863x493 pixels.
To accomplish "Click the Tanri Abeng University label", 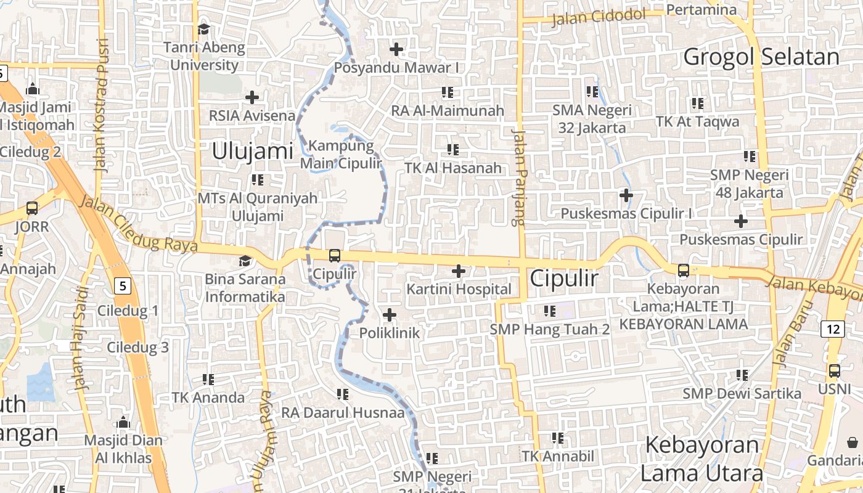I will [x=204, y=56].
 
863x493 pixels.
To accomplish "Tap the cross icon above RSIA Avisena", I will [x=252, y=97].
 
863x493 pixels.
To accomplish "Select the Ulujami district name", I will [x=252, y=151].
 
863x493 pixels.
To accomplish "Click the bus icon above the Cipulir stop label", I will [x=334, y=255].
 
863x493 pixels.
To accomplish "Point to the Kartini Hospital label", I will [x=459, y=289].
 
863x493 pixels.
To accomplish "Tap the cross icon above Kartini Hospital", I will [x=459, y=271].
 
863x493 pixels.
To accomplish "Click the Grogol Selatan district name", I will [x=761, y=57].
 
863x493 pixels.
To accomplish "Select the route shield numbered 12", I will [x=833, y=329].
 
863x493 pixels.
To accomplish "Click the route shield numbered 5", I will [x=123, y=286].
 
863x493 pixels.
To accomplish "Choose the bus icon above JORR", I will [x=32, y=208].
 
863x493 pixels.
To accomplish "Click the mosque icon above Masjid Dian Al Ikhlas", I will [x=123, y=423].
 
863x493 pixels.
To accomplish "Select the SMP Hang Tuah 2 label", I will [x=550, y=329].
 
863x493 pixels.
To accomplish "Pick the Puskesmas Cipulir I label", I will [x=626, y=214].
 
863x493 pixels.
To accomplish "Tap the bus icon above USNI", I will [x=834, y=371].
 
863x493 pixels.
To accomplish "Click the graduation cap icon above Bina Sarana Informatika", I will [x=245, y=261].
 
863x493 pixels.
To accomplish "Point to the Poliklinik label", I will [x=390, y=333].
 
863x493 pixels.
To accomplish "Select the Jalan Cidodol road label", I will [x=598, y=17].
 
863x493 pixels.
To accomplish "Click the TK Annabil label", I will [x=558, y=457].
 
